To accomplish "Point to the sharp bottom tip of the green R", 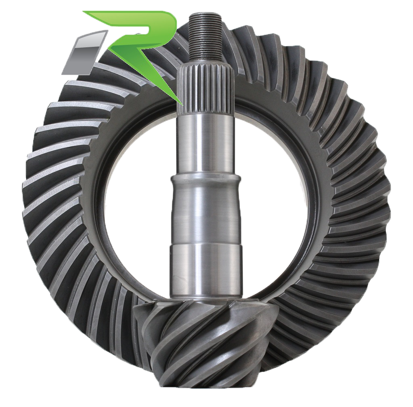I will pos(180,101).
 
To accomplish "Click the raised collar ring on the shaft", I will pos(206,180).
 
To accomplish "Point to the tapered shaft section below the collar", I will pos(206,214).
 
